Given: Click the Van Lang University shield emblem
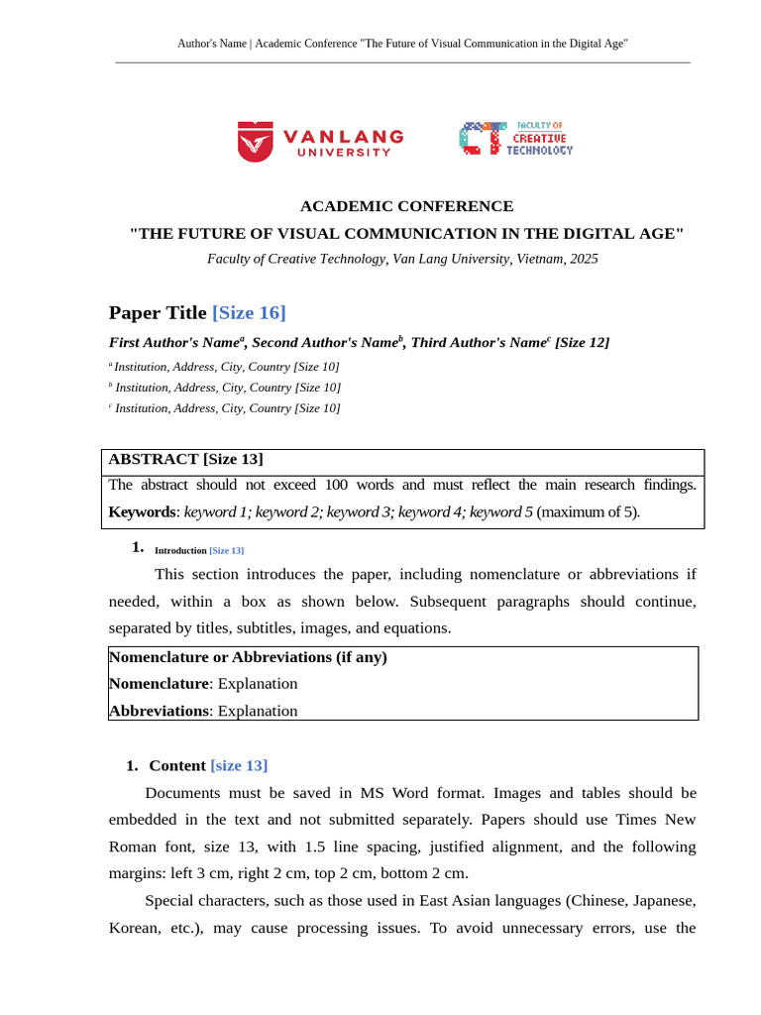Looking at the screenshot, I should [x=255, y=141].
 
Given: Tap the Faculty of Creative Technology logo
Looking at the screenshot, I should [x=515, y=139].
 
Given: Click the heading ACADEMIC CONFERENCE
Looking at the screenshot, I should [x=406, y=206].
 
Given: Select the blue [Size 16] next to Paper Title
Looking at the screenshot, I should [x=249, y=313].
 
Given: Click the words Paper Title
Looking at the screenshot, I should [x=158, y=313].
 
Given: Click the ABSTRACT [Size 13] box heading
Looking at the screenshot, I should [x=185, y=459].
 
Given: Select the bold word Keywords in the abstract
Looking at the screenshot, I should [x=143, y=512].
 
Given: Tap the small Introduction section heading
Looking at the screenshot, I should [x=180, y=550].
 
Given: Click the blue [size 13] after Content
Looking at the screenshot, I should [x=239, y=766].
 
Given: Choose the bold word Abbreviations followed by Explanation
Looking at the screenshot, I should [x=159, y=711].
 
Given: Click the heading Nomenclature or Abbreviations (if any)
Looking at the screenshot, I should [x=248, y=657].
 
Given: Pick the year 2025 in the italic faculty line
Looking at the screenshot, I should [x=584, y=259].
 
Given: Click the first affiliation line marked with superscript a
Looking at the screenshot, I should [x=225, y=367].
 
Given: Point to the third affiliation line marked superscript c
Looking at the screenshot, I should [x=225, y=408].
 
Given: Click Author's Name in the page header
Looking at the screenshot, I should [x=211, y=44].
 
